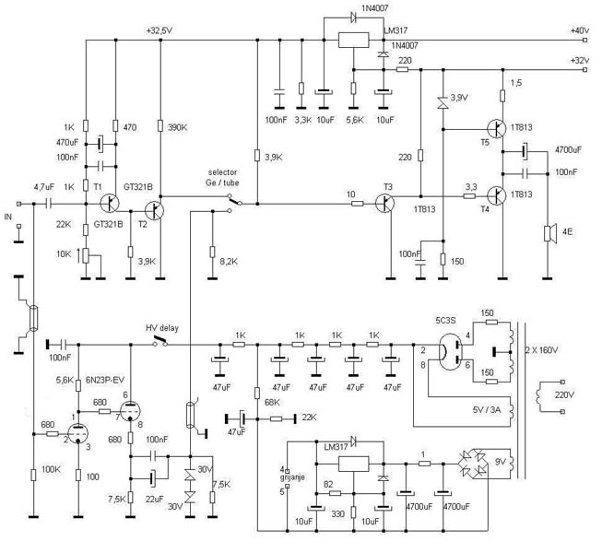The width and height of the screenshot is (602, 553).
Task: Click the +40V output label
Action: click(579, 30)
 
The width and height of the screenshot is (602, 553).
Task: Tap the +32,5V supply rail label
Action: click(159, 30)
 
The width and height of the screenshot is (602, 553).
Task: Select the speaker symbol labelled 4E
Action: click(550, 234)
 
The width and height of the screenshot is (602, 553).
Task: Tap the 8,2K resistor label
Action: click(229, 262)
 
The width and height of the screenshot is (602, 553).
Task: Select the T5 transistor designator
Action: click(485, 143)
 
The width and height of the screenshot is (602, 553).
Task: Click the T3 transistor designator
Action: click(387, 188)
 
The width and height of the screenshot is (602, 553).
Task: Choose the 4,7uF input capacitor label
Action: click(43, 188)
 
